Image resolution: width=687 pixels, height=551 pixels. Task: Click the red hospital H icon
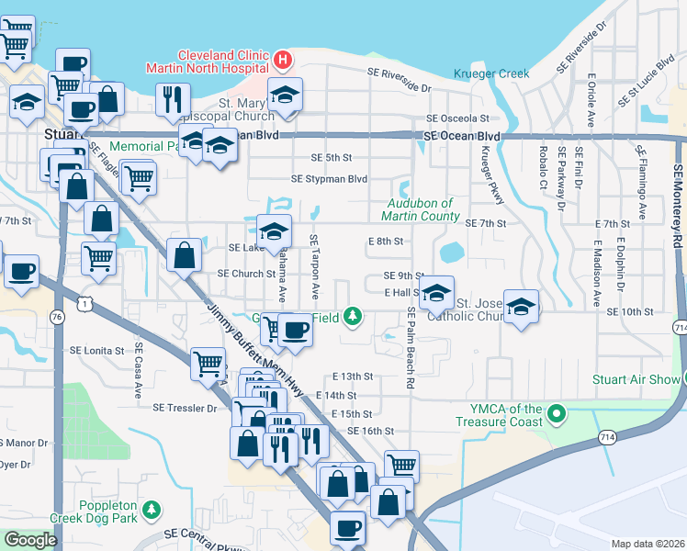(x=283, y=62)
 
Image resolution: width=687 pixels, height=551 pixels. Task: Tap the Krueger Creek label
(x=492, y=73)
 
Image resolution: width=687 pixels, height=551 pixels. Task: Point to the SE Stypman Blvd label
(x=329, y=179)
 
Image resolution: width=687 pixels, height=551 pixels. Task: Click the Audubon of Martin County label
(x=422, y=209)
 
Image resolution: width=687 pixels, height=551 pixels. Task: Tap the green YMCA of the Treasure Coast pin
(x=555, y=415)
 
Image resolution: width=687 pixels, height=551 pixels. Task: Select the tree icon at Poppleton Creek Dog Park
(x=152, y=509)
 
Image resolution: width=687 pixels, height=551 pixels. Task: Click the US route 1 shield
(x=85, y=302)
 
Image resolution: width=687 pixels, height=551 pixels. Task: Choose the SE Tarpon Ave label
(x=314, y=265)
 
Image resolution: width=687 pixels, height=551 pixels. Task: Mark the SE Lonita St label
(x=96, y=351)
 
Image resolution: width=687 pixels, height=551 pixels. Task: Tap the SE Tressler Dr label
(x=185, y=407)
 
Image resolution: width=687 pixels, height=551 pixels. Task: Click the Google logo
(x=29, y=540)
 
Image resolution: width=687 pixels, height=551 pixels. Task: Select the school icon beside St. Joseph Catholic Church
(x=521, y=308)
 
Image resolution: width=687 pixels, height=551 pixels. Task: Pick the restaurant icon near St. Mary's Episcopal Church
(x=173, y=100)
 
